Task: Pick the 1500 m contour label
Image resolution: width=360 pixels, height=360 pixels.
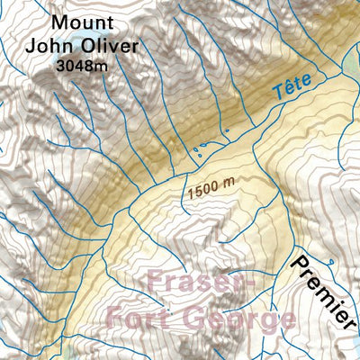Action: (x=212, y=188)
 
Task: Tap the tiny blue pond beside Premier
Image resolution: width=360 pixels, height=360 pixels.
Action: (x=331, y=261)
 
